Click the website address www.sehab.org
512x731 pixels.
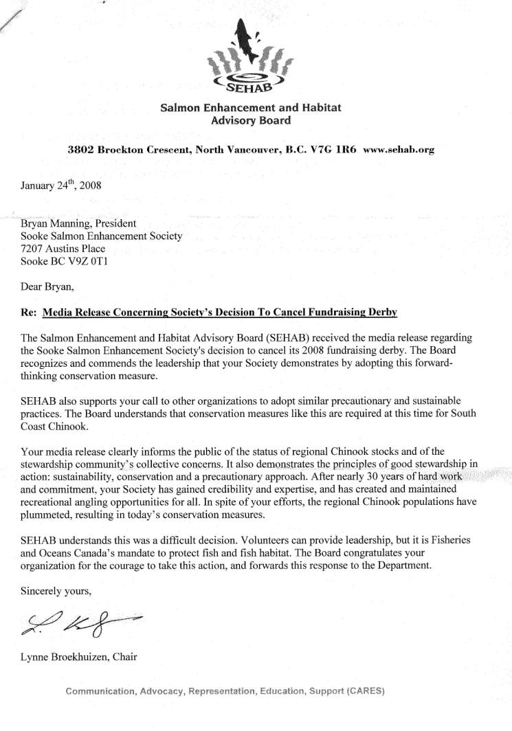coord(399,149)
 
